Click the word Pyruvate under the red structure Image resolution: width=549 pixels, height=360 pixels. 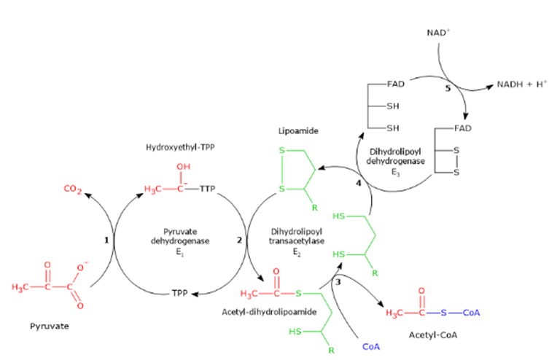click(x=50, y=326)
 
